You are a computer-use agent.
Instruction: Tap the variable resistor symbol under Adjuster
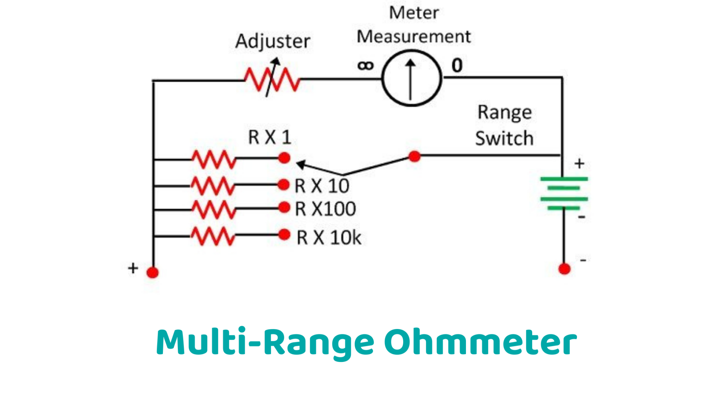pyautogui.click(x=272, y=79)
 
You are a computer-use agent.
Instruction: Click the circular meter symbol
pyautogui.click(x=412, y=78)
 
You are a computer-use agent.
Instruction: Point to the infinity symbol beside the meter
pyautogui.click(x=365, y=65)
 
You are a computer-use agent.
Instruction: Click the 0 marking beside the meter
pyautogui.click(x=457, y=65)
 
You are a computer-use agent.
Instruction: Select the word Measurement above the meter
pyautogui.click(x=414, y=37)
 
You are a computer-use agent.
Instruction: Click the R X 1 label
pyautogui.click(x=269, y=137)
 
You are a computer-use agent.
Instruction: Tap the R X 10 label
pyautogui.click(x=322, y=186)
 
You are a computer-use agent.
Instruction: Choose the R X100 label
pyautogui.click(x=325, y=209)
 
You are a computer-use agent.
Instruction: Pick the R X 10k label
pyautogui.click(x=329, y=238)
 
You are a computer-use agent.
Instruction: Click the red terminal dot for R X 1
pyautogui.click(x=284, y=158)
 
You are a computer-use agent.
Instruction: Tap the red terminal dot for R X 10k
pyautogui.click(x=284, y=234)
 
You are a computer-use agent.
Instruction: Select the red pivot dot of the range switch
pyautogui.click(x=414, y=157)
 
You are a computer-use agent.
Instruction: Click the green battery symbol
pyautogui.click(x=564, y=193)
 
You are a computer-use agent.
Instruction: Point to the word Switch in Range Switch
pyautogui.click(x=504, y=139)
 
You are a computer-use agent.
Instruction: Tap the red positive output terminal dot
pyautogui.click(x=153, y=272)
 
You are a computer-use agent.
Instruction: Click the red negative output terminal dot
pyautogui.click(x=564, y=269)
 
